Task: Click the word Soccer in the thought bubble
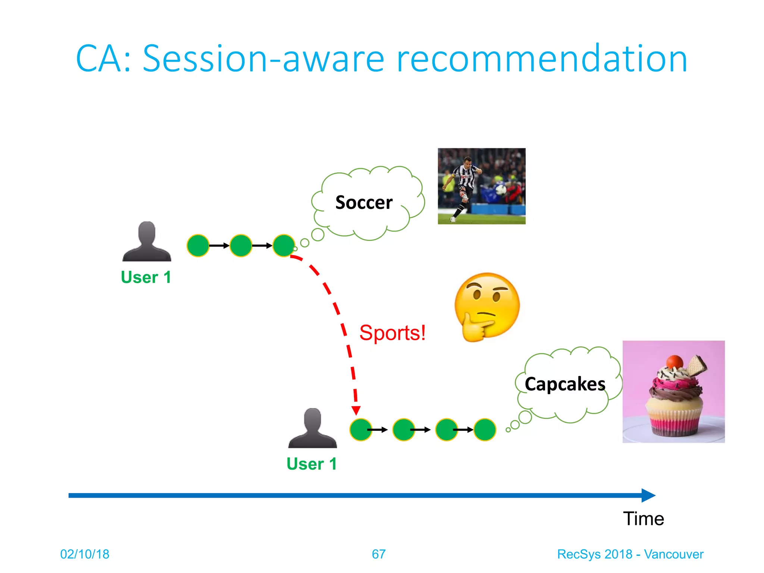coord(364,203)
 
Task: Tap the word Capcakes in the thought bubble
coord(565,384)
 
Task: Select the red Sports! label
coord(392,333)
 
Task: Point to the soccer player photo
coord(481,186)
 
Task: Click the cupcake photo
coord(673,392)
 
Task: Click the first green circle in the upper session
coord(198,245)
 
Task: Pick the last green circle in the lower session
coord(485,430)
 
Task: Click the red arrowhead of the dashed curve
coord(356,410)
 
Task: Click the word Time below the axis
coord(644,519)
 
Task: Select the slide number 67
coord(379,554)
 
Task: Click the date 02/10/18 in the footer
coord(85,554)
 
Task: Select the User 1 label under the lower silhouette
coord(312,464)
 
